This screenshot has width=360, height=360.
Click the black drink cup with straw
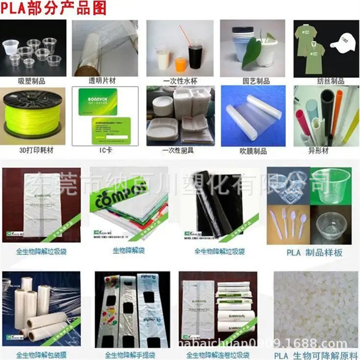click(195, 56)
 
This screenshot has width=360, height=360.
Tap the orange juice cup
click(180, 64)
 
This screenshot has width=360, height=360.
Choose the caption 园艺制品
click(252, 81)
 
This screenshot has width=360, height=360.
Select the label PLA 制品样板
click(314, 252)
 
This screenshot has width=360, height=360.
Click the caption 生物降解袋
click(128, 250)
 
